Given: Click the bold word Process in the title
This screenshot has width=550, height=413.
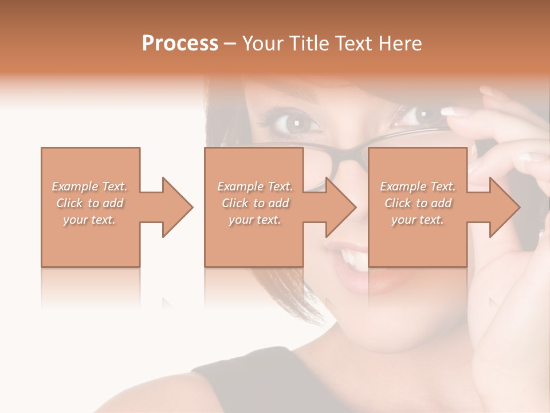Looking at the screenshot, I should pyautogui.click(x=180, y=43).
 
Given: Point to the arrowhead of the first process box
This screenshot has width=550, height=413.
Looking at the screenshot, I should pyautogui.click(x=177, y=207).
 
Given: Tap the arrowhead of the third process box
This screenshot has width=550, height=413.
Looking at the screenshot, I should pyautogui.click(x=504, y=207).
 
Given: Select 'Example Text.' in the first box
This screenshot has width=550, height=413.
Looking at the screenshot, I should pyautogui.click(x=89, y=186).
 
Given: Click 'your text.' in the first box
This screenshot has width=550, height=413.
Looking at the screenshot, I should pyautogui.click(x=89, y=220).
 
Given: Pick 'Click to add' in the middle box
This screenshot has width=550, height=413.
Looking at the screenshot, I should pyautogui.click(x=255, y=203).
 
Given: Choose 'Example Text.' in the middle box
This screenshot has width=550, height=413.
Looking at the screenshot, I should pyautogui.click(x=255, y=186).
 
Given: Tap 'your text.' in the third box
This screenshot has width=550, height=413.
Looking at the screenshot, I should pyautogui.click(x=418, y=220).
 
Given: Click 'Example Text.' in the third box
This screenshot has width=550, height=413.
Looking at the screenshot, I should pyautogui.click(x=418, y=186).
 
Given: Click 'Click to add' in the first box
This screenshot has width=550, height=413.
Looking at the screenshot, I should pyautogui.click(x=89, y=203).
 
